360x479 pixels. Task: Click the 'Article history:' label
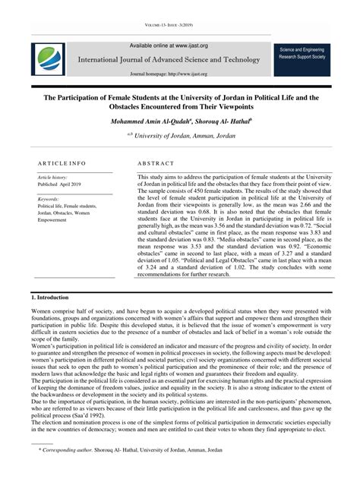point(53,177)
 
